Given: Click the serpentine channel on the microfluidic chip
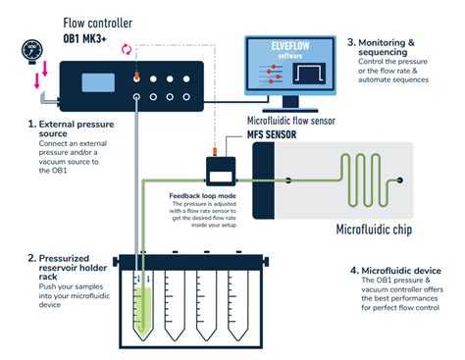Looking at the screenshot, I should tap(358, 178).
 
